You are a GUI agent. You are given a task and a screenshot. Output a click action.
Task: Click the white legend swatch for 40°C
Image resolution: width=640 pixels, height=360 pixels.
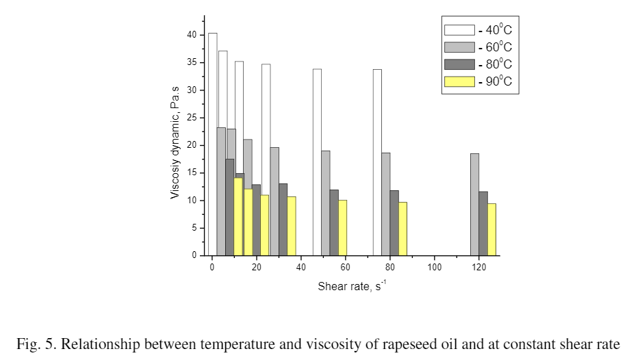pos(459,29)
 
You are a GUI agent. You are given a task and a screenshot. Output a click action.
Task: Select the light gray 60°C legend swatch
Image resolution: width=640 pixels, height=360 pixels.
pos(459,47)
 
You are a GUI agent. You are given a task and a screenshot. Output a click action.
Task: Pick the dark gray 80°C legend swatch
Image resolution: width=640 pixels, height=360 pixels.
pos(459,64)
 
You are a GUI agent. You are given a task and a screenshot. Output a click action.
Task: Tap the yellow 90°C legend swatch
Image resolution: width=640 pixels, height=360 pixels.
pos(459,81)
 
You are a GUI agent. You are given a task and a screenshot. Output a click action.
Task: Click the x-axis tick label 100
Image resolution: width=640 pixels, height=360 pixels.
pos(434,266)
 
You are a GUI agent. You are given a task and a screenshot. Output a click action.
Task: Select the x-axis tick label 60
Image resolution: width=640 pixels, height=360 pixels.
pos(345,266)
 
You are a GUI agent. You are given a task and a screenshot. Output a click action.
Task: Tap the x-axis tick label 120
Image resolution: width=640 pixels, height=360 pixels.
pos(478,266)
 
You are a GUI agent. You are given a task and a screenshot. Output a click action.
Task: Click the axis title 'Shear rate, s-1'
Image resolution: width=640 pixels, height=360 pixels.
pos(352,286)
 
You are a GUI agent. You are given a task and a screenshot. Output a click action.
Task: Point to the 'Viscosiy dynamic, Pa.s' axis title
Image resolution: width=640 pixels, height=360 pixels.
pos(175,147)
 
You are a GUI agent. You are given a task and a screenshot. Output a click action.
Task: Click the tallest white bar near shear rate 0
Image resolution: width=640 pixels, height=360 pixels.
pos(213,144)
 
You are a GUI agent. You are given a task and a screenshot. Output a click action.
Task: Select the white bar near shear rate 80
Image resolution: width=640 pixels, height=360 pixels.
pos(377,162)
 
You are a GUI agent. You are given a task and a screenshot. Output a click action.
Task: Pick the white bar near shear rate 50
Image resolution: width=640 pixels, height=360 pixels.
pos(317,162)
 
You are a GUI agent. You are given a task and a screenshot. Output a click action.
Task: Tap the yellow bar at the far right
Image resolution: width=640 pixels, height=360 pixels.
pos(491,229)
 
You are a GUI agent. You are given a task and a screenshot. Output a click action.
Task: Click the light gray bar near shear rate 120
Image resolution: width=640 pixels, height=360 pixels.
pos(474,204)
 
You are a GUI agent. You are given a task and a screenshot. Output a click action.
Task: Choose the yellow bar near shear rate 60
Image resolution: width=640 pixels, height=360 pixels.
pos(342,227)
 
